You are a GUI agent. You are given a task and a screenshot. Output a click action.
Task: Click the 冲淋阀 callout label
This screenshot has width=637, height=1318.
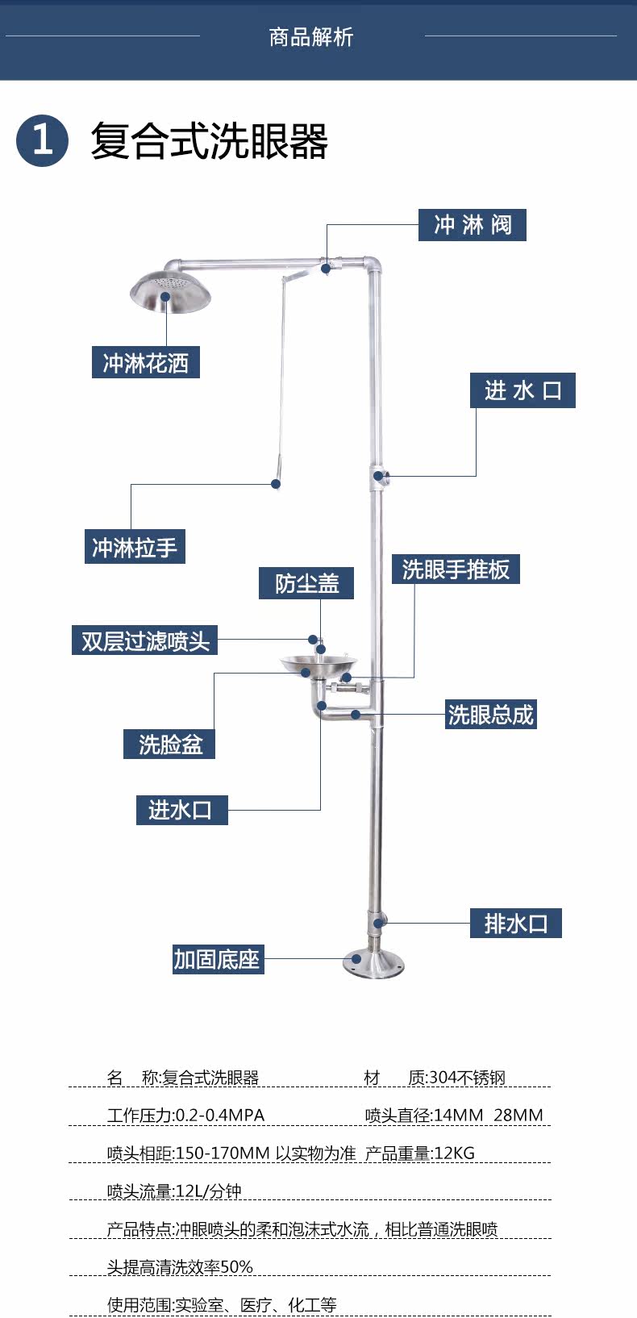point(472,224)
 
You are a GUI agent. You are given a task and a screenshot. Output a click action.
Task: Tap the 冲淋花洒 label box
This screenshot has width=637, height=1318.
point(146,362)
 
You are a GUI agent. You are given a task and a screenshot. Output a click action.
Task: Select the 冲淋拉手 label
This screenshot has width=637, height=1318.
point(135,547)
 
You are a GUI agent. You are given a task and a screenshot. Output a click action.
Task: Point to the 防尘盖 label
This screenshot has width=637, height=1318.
point(306,583)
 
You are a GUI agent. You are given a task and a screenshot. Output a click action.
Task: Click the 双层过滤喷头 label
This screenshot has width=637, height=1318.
point(145,640)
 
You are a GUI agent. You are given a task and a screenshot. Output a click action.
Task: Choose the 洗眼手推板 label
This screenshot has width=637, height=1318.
point(456,569)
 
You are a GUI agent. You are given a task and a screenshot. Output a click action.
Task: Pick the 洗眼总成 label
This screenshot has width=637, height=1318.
point(491,715)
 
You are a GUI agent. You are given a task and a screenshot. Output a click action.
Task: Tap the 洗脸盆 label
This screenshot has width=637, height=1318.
point(169,744)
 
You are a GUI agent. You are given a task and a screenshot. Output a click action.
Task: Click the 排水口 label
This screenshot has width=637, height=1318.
point(516,923)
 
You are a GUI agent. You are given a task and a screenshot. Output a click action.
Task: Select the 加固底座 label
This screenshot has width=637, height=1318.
point(218,959)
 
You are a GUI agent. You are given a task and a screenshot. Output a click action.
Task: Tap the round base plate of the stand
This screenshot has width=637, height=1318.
point(373,962)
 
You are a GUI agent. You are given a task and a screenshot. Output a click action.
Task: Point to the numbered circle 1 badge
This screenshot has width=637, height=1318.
point(42,140)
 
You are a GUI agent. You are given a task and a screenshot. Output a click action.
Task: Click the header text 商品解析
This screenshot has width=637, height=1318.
point(311,37)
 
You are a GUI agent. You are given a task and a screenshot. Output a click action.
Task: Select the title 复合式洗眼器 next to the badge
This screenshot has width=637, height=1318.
point(210,141)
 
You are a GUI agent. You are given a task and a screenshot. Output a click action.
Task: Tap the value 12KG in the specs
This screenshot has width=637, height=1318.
point(454,1153)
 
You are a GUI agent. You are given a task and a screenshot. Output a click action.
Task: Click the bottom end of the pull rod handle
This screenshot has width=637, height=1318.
point(276,482)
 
